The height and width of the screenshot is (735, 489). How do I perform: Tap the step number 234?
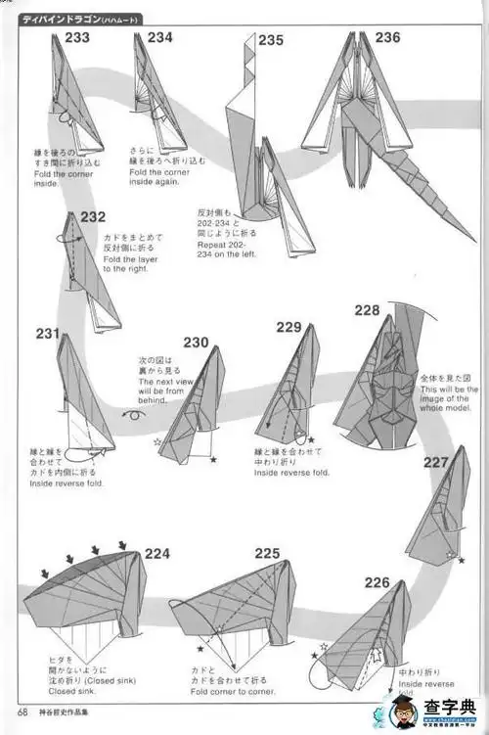160,37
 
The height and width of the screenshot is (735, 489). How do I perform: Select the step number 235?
271,40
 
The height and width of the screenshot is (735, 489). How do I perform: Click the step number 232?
93,217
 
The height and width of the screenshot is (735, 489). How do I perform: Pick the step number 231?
48,334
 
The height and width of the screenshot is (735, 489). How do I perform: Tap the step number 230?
196,342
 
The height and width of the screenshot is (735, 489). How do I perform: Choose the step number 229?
289,328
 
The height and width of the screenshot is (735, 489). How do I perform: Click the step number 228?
368,310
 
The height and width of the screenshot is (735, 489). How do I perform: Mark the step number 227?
436,463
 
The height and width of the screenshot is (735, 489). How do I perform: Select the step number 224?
157,553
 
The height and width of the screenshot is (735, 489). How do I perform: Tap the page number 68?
22,712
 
